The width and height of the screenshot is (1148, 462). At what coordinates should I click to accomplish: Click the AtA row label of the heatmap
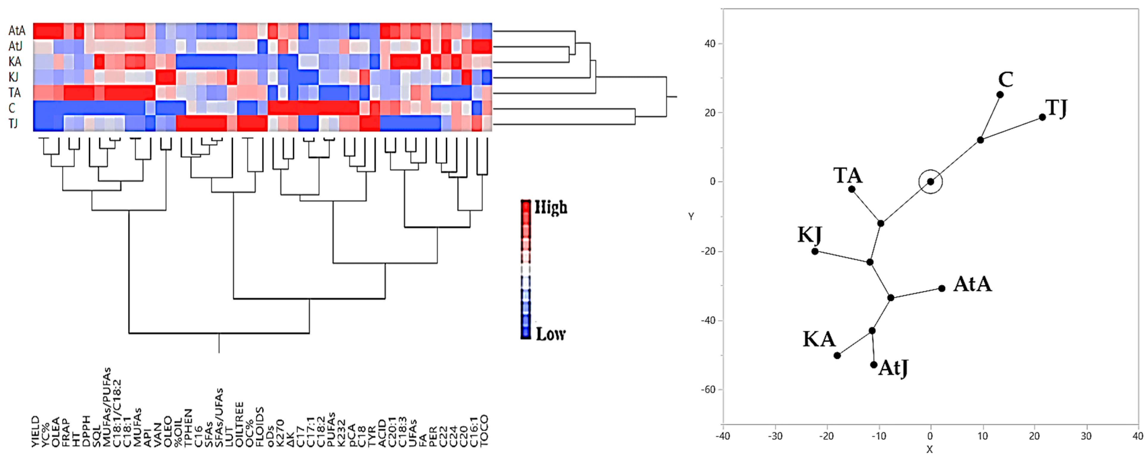click(x=17, y=31)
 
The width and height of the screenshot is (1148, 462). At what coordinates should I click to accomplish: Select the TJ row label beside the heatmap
click(x=13, y=123)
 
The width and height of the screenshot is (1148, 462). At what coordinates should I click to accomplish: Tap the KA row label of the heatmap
click(x=15, y=62)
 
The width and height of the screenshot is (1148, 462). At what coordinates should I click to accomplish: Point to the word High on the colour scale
click(x=551, y=208)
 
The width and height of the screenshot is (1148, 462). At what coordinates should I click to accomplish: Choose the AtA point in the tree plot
click(x=942, y=289)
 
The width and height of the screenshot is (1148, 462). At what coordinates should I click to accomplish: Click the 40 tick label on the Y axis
click(x=710, y=44)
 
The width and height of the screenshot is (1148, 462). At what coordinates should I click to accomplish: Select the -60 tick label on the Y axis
click(x=708, y=390)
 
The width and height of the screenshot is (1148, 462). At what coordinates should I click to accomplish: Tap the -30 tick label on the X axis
click(x=775, y=436)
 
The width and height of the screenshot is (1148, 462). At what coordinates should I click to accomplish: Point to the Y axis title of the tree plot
click(x=691, y=216)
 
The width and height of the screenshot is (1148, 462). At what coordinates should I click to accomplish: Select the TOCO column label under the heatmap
click(x=484, y=430)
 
